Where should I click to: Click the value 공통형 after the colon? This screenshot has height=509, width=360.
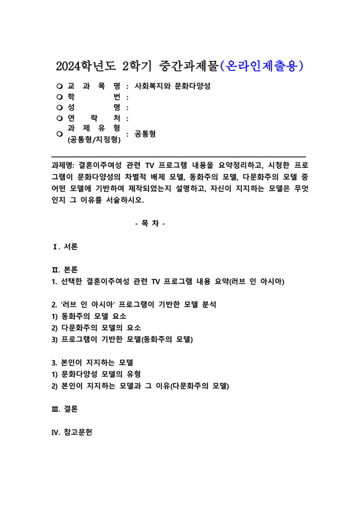tap(145, 133)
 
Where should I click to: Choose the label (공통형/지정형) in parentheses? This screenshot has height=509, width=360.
tap(93, 139)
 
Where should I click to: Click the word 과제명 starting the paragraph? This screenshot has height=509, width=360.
tap(63, 164)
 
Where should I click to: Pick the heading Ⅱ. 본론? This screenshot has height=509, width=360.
tap(65, 270)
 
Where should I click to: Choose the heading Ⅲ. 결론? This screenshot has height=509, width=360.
tap(65, 409)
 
